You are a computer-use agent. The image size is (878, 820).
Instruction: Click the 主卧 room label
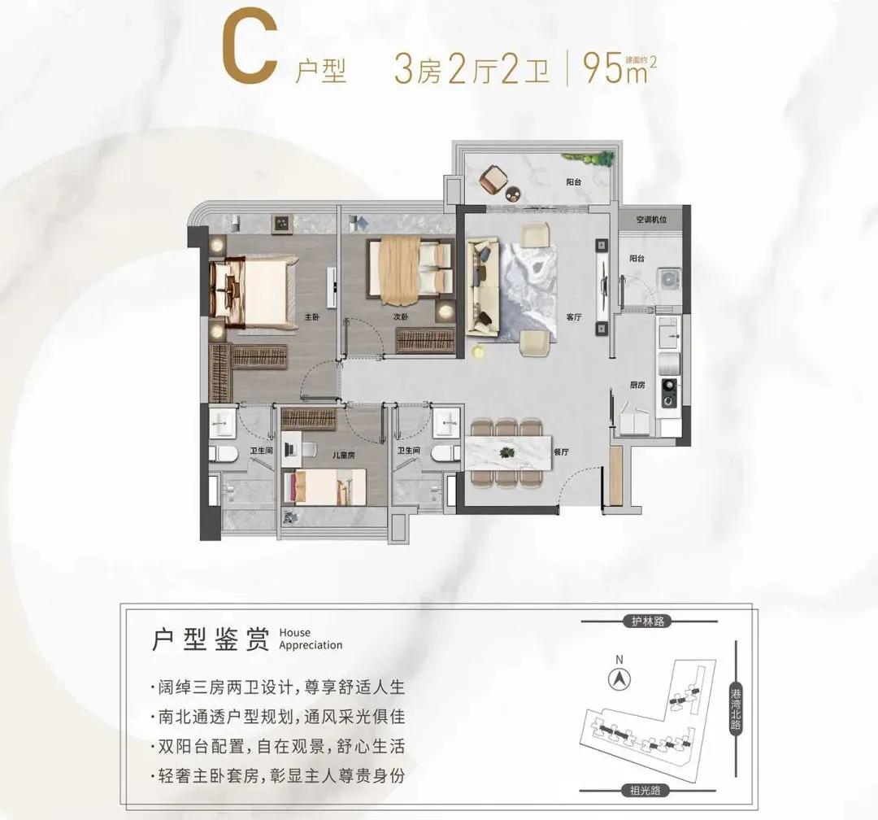[x=311, y=317]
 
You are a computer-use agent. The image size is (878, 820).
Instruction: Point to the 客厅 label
[x=575, y=317]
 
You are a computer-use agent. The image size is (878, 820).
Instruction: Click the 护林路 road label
[x=648, y=622]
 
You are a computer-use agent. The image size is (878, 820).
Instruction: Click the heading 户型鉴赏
[x=211, y=639]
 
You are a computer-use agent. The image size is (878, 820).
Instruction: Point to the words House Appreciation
[x=310, y=639]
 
